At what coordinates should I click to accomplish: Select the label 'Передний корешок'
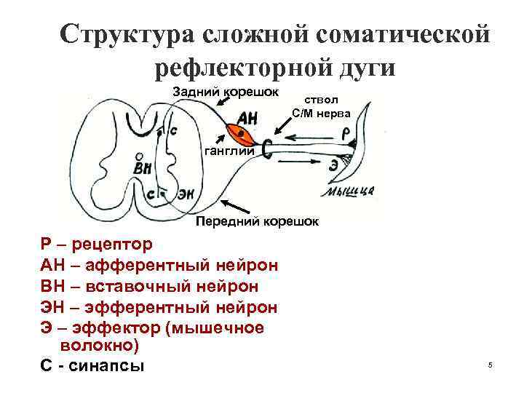[x=257, y=221]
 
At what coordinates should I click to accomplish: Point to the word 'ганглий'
[x=229, y=151]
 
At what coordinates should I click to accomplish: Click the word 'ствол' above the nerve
[x=321, y=101]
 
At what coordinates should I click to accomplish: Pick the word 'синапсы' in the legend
[x=108, y=365]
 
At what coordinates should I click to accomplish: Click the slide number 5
[x=491, y=364]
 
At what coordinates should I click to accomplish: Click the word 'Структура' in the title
[x=127, y=34]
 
